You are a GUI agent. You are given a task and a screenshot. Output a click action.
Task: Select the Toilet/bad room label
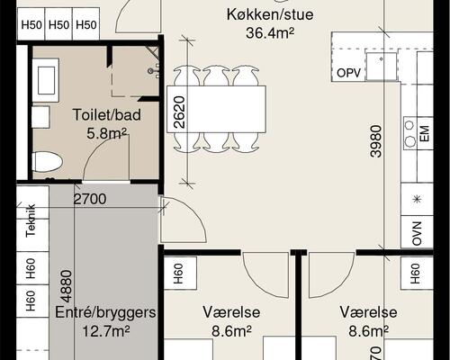click(x=101, y=115)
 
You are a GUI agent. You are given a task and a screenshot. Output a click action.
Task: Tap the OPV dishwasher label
click(x=347, y=72)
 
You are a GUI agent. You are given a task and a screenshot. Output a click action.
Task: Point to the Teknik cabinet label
click(x=31, y=220)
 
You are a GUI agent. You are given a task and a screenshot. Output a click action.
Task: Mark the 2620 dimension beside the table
click(x=180, y=113)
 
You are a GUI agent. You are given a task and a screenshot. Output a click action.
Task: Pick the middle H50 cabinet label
click(x=59, y=24)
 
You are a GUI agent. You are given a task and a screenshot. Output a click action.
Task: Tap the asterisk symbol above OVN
click(x=417, y=199)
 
